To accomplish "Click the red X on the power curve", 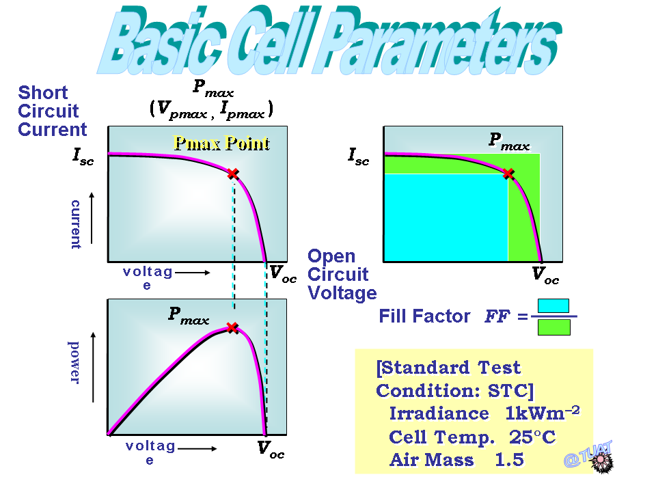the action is [232, 327].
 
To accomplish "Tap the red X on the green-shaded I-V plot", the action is [508, 173].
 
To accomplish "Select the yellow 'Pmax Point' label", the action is [221, 143].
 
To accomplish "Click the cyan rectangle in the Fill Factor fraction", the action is [553, 305].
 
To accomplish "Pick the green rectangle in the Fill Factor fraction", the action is [554, 327].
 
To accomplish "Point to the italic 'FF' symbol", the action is [497, 316].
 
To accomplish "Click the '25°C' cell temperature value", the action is [532, 437].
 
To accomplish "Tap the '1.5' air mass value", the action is [509, 459].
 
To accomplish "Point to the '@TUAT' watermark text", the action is [588, 454].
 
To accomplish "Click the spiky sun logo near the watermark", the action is [601, 461].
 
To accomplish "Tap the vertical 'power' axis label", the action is [74, 362].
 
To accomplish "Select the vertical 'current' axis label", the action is [76, 224].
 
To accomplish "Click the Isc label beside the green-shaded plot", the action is [359, 156].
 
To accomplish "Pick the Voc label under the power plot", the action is [271, 450].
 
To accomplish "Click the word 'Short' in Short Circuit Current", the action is [42, 92].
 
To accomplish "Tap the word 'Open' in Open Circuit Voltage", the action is [331, 256].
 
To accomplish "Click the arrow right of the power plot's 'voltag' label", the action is [197, 448].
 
